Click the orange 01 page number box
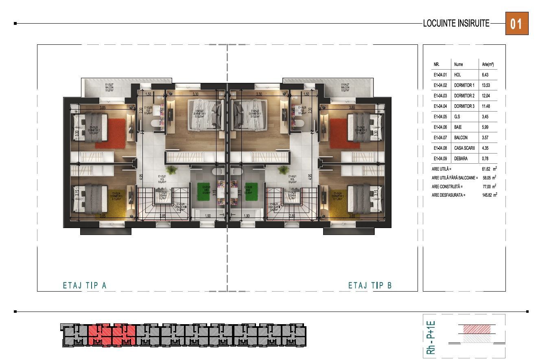(x=516, y=24)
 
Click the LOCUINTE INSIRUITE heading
(x=456, y=24)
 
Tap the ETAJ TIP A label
(x=85, y=285)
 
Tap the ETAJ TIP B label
(x=370, y=285)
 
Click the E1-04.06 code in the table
(x=440, y=127)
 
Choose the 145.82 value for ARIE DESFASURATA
(x=486, y=195)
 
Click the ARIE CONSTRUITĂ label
(x=448, y=187)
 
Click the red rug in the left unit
(x=109, y=133)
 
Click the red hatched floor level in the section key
(x=477, y=329)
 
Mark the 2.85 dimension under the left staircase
(x=162, y=215)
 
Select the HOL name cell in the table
(x=458, y=75)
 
